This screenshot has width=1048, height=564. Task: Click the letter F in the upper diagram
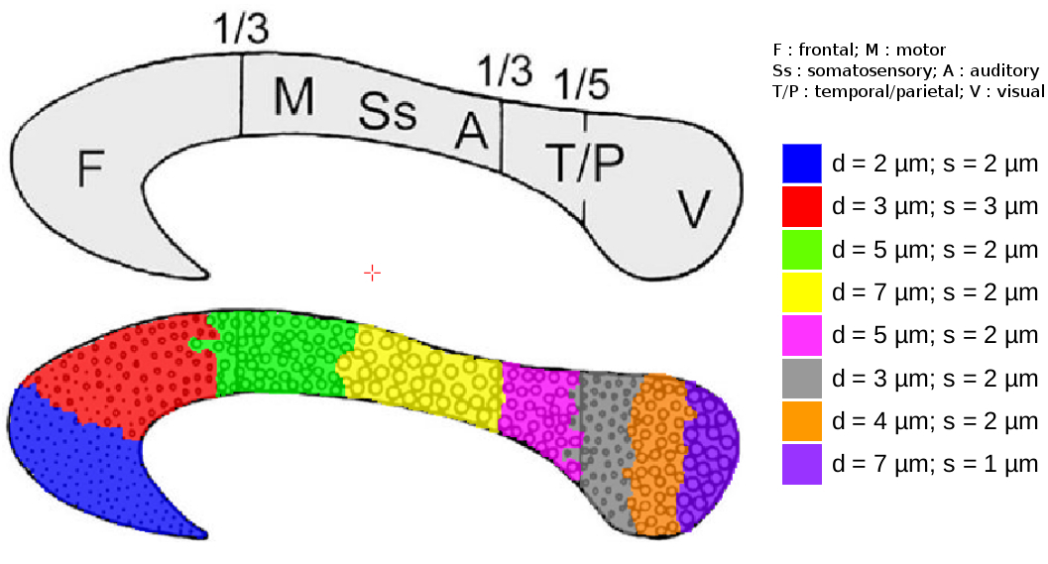[x=90, y=169]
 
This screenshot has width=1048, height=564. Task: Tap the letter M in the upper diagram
[x=293, y=97]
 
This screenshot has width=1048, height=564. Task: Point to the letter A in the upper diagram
[x=472, y=130]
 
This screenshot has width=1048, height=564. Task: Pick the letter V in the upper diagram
[x=694, y=209]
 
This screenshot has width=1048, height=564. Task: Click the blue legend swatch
[x=801, y=164]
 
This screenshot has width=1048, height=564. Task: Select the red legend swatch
[x=801, y=206]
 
